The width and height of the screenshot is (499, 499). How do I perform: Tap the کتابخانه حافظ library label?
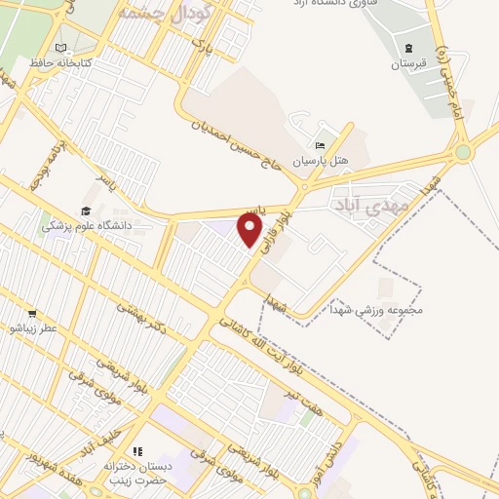coord(85,63)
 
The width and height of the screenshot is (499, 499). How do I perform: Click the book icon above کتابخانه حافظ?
coord(62,48)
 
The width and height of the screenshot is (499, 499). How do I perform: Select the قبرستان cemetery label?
coord(410,64)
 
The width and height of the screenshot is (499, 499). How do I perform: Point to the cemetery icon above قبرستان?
coord(408,48)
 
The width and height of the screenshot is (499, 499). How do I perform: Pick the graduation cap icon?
coord(85,211)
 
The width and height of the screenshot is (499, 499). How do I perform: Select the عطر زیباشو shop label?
coord(34,329)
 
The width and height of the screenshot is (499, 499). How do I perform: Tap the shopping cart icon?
coord(32,314)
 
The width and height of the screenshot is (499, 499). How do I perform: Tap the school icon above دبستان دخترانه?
coord(137,451)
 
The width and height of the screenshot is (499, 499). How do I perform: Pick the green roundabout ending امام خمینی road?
coord(462,152)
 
